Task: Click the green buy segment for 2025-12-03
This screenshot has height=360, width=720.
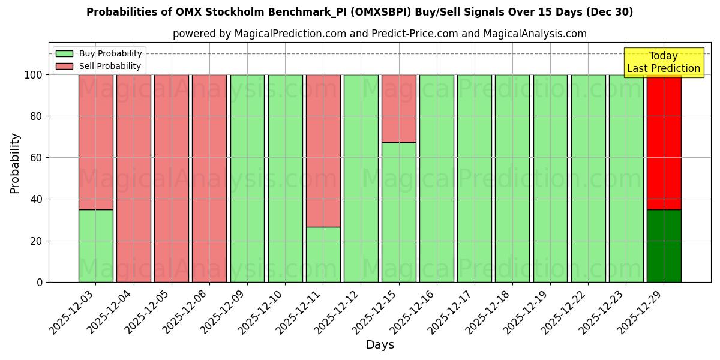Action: click(x=95, y=245)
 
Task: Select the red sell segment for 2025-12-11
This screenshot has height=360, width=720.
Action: click(x=323, y=151)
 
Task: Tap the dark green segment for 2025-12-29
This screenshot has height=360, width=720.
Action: click(x=664, y=245)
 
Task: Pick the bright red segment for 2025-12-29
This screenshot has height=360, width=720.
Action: click(x=664, y=144)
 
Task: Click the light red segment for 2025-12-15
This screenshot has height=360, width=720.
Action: click(x=398, y=109)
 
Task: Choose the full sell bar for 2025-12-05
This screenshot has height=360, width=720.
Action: click(x=171, y=178)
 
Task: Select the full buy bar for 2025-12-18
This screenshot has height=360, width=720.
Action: click(x=512, y=178)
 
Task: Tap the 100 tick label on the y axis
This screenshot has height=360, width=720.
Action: click(x=34, y=75)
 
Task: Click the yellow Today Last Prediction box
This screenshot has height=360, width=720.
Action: click(x=663, y=62)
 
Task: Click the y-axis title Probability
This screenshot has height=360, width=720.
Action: click(x=15, y=163)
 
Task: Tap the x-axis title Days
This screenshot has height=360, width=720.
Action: click(x=380, y=345)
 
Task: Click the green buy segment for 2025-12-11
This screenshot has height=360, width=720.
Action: click(x=323, y=254)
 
